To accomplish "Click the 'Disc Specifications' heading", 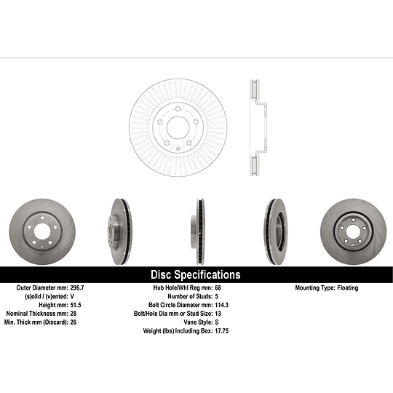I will click(x=195, y=275).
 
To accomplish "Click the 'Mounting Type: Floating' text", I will click(x=327, y=288).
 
